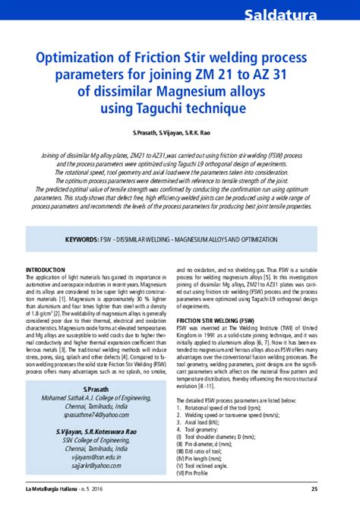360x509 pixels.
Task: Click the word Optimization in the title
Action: tap(75, 58)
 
